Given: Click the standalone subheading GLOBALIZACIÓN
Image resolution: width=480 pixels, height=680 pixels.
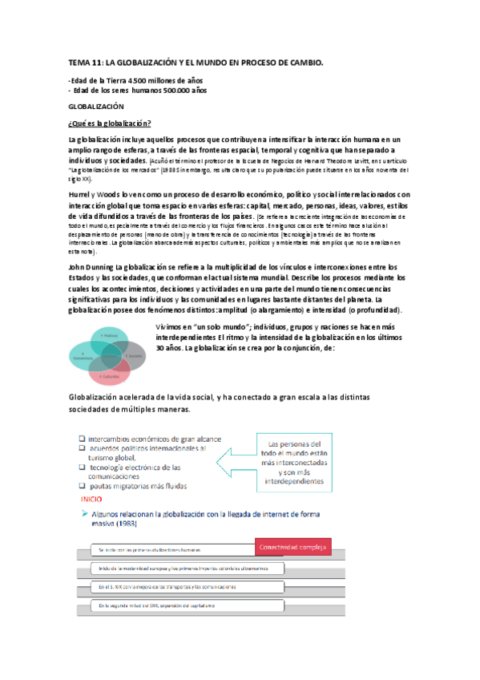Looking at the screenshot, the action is click(96, 106).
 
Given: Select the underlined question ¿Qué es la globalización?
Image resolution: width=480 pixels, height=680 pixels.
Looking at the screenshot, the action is click(110, 123).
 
